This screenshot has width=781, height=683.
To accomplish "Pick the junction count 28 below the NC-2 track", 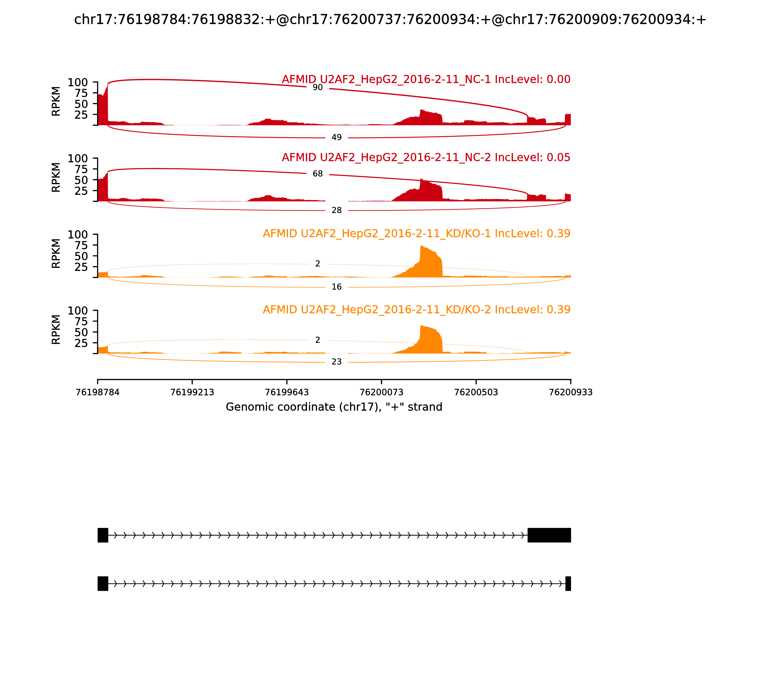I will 336,210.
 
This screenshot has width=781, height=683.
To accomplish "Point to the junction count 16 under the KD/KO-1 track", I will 336,287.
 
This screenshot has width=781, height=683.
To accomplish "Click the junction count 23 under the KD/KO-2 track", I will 336,362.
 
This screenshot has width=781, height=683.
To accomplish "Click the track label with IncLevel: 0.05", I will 426,157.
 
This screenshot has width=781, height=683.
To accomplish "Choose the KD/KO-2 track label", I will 416,310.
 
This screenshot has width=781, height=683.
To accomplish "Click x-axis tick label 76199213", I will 192,392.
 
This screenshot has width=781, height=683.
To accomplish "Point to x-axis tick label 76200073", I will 381,392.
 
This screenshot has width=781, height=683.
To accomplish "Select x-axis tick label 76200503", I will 476,392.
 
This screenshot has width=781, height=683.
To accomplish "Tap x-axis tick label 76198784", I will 98,392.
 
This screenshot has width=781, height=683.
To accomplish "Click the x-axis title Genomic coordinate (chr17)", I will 334,407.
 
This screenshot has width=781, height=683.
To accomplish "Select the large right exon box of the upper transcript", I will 549,535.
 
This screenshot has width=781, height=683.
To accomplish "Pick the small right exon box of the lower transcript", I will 568,583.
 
